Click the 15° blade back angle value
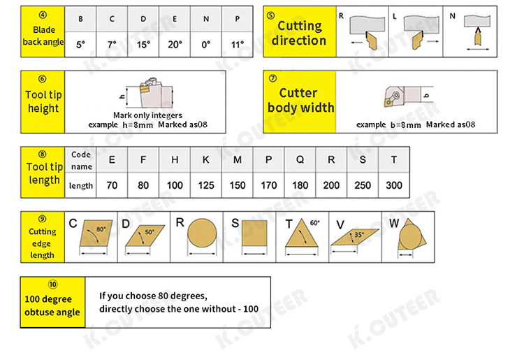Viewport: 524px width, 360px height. (x=143, y=45)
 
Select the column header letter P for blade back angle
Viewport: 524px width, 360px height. (x=238, y=19)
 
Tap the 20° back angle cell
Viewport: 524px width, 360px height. (x=175, y=45)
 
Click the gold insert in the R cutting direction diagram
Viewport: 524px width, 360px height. (x=371, y=41)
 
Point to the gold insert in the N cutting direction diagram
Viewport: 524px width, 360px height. (x=478, y=37)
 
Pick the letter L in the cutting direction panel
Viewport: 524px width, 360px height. (x=395, y=16)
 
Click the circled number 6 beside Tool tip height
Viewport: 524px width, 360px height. (x=43, y=79)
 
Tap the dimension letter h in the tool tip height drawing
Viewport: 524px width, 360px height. (x=122, y=96)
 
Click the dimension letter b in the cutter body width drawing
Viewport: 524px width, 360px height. (x=426, y=96)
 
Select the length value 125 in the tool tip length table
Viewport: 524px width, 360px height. (x=206, y=185)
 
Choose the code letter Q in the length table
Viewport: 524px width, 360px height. (x=300, y=160)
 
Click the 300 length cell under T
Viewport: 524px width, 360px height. (x=394, y=185)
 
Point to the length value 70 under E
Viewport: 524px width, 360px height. (x=112, y=185)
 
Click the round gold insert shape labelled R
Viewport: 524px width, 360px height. (x=202, y=233)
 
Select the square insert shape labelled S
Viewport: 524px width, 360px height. (x=254, y=233)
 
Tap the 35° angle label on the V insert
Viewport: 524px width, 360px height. (x=359, y=235)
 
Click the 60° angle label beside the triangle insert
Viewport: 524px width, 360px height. (x=315, y=223)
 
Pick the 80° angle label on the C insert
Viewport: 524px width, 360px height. (x=101, y=229)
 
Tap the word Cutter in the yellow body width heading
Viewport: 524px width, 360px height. (x=298, y=93)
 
